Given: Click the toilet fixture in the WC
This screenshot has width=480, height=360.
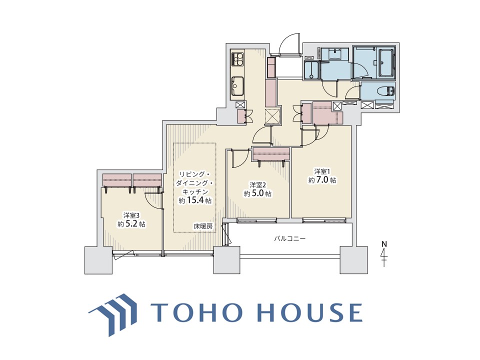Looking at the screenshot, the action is tap(386, 91).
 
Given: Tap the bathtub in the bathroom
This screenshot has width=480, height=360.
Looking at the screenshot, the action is tap(387, 63).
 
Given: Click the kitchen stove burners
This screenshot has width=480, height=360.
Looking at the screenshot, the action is tap(238, 59).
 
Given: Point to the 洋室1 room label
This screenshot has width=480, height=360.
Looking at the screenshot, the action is tap(322, 171).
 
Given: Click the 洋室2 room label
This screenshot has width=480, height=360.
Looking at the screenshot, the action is tap(257, 185).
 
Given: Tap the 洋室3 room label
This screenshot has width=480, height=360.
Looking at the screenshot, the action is tap(131, 215).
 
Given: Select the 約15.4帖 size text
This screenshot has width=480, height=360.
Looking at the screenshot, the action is tap(195, 200).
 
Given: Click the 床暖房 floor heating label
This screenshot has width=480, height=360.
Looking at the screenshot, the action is tap(202, 226).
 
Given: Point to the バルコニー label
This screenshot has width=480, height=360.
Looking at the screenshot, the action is tap(289, 238).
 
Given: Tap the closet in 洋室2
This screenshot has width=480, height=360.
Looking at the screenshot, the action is tap(271, 154).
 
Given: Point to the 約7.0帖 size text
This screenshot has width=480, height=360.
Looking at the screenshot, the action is tap(322, 180).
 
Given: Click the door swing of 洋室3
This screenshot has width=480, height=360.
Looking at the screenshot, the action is tap(152, 200).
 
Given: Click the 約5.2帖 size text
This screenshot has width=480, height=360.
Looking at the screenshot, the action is tap(131, 224).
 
